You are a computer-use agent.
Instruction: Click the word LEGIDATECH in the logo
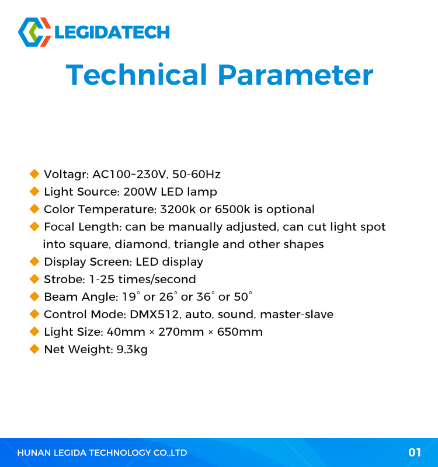point(112,32)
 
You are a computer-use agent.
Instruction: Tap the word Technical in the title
point(136,75)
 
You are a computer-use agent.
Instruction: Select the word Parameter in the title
point(296,75)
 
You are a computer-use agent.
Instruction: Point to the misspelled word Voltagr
point(66,175)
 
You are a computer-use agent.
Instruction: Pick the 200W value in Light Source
point(140,192)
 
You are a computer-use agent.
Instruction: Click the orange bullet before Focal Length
point(34,226)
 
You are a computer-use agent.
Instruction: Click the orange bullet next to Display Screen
point(34,262)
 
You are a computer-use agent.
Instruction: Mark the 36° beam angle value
point(206,297)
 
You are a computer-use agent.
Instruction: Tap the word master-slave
point(297,315)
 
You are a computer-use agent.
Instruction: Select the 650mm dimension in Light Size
point(240,332)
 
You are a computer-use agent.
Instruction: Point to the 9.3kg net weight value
point(132,350)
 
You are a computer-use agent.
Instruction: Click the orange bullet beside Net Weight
point(34,349)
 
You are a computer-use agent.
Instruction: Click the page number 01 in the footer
point(415,453)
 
